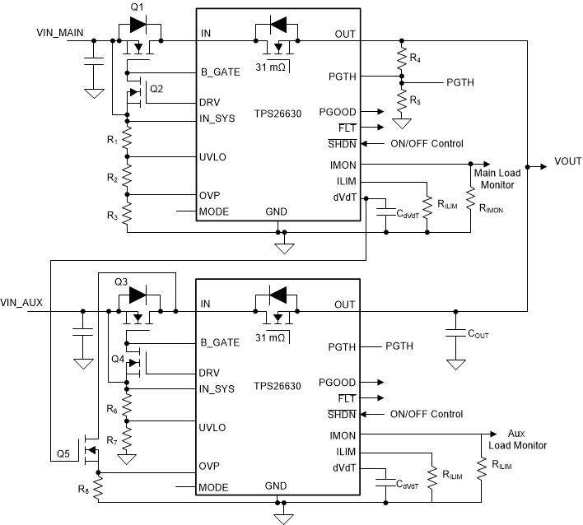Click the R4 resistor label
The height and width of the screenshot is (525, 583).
tap(414, 58)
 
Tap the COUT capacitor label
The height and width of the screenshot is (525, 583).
tap(481, 335)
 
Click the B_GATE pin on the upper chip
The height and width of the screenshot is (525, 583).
tap(219, 72)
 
